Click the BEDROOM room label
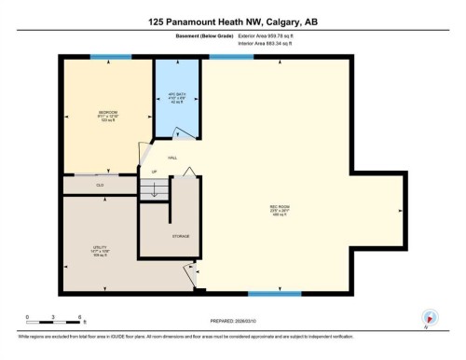click(108, 115)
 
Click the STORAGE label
click(180, 237)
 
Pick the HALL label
click(171, 158)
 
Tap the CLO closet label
click(99, 186)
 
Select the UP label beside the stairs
click(142, 173)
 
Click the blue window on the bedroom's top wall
click(110, 57)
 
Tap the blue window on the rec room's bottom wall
click(274, 293)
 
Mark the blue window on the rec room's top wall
click(230, 57)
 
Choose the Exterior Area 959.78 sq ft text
click(272, 36)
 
